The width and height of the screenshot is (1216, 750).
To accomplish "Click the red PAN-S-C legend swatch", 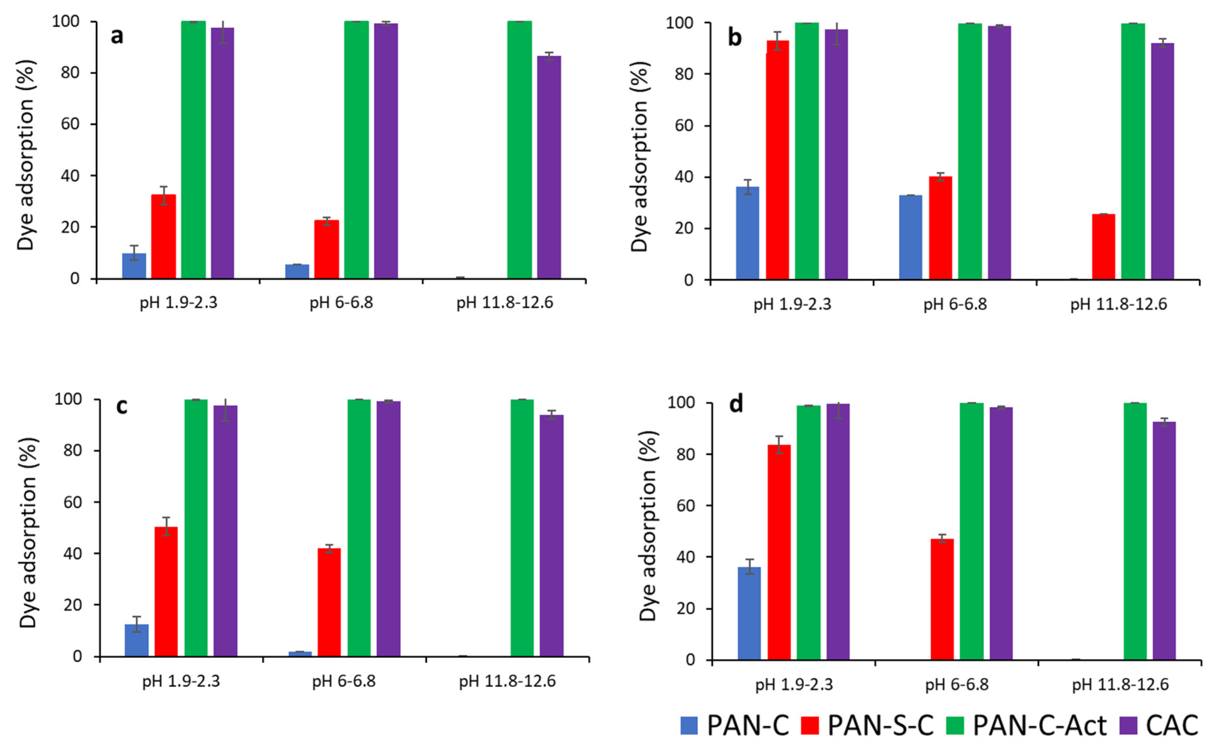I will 810,725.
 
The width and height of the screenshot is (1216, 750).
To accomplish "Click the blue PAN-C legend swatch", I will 689,725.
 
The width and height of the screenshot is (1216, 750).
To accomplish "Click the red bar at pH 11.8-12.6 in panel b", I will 1103,246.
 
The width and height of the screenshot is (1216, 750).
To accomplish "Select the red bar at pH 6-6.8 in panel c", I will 329,602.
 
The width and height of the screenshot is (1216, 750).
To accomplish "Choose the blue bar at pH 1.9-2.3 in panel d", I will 749,613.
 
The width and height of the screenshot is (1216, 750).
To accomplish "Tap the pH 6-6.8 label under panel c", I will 344,681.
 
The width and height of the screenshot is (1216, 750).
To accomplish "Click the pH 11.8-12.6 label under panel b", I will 1118,304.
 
